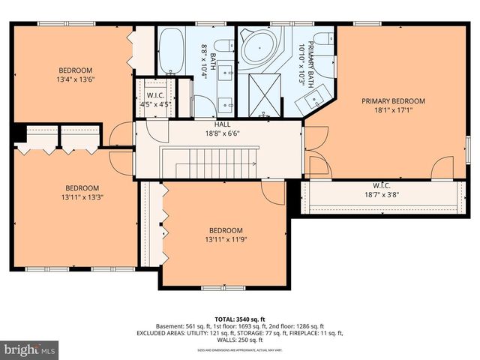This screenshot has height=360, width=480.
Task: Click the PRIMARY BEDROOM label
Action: [x=393, y=101]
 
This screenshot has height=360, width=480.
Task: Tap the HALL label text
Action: [x=223, y=124]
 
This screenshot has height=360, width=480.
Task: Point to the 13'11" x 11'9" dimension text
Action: [x=225, y=239]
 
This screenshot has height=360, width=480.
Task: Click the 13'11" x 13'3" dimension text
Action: [x=82, y=196]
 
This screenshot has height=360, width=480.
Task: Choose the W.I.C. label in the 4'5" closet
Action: [x=156, y=95]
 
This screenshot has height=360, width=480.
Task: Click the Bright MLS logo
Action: [x=30, y=349]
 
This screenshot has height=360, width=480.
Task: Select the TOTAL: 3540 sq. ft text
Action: [x=240, y=318]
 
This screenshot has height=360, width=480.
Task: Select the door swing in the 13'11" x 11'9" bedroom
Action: [x=274, y=192]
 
